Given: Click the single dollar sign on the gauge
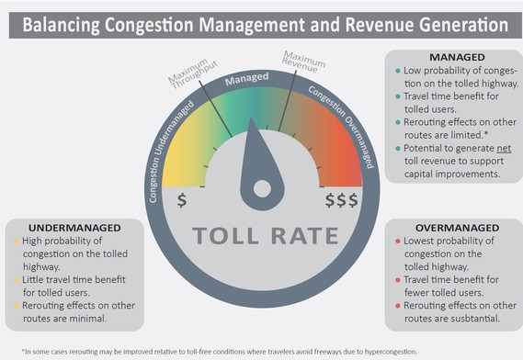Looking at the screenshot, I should point(182,197).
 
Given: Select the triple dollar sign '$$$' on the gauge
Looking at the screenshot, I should point(341,197).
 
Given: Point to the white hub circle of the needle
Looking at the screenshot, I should point(261,188).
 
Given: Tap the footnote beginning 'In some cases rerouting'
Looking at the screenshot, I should point(211,350).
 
